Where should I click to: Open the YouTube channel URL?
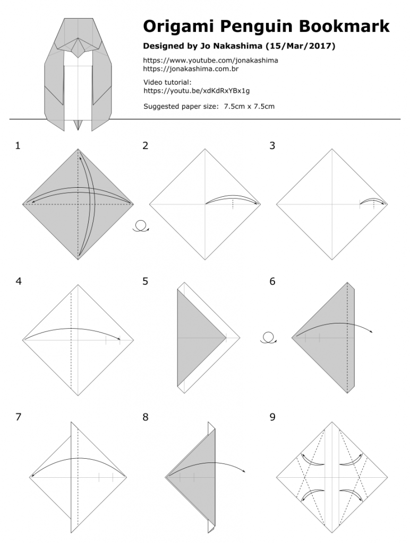[210, 60]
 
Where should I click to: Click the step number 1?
[18, 146]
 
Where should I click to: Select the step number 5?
[145, 282]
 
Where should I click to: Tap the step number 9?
[272, 417]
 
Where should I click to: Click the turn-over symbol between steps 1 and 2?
[140, 227]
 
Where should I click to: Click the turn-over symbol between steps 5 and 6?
[268, 338]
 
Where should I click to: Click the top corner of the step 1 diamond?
[78, 149]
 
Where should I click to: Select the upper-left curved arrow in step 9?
[312, 459]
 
